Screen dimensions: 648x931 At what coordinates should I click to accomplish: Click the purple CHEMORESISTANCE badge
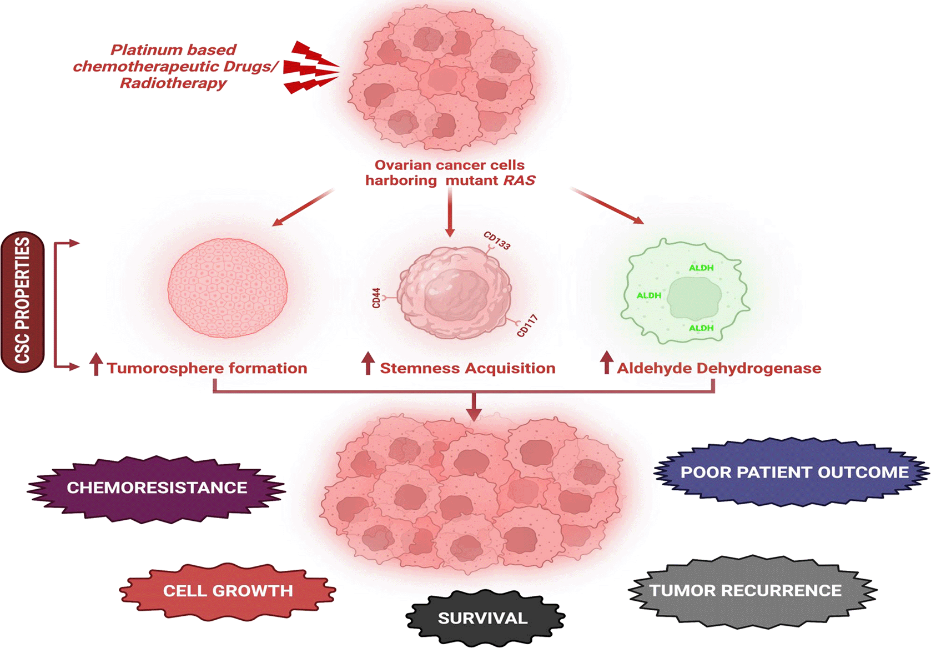157,488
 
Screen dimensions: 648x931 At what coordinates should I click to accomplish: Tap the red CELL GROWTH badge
228,591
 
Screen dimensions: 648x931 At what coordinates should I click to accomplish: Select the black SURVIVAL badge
482,618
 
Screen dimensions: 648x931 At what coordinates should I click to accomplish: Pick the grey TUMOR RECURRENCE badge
746,590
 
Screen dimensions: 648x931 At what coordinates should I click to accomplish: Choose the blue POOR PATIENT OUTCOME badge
794,473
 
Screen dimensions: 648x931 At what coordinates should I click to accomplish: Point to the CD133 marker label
497,240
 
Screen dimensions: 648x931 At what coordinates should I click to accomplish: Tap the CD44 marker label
376,298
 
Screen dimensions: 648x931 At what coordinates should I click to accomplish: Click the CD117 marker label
527,326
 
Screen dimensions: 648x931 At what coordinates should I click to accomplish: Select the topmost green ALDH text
701,268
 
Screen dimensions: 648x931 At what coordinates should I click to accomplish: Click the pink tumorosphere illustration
228,288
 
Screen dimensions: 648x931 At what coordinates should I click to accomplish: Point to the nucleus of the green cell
694,298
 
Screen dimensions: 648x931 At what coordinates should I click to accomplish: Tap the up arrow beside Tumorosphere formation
96,364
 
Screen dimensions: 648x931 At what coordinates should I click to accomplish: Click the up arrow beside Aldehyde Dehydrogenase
607,363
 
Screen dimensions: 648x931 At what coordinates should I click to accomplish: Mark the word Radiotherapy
173,83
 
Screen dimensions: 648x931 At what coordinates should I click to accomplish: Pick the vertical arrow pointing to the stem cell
450,214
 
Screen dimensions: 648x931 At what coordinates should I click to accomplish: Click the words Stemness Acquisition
467,368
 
